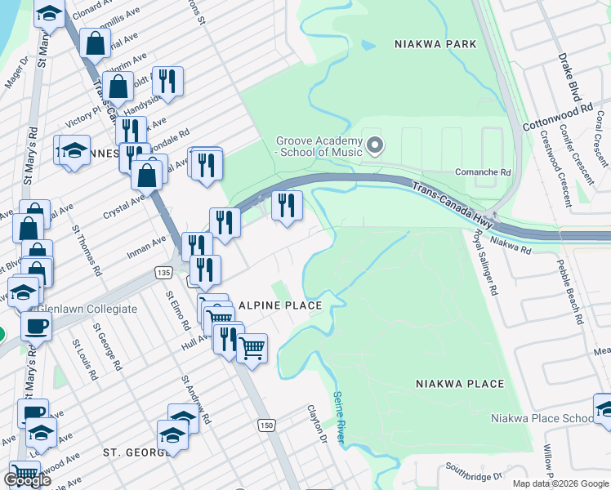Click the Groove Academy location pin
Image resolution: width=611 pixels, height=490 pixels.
(375, 146)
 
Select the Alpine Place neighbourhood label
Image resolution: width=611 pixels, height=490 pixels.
(280, 305)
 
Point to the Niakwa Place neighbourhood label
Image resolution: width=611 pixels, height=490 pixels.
(460, 383)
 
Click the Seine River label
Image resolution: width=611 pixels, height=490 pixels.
(339, 419)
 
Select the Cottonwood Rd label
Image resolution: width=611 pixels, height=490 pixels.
(557, 118)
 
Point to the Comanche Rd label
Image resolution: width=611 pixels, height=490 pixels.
(482, 173)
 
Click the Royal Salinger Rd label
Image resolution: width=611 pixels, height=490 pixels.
(484, 261)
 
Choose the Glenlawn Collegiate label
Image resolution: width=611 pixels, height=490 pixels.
(84, 309)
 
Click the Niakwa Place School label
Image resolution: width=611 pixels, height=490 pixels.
(542, 419)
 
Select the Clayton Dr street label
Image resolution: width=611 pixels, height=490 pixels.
(317, 425)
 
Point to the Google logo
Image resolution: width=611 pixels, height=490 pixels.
(27, 480)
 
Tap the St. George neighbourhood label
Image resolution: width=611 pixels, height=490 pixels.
(135, 452)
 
